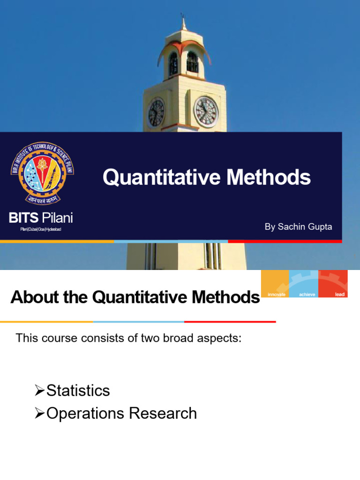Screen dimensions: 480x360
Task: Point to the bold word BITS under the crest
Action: (23, 218)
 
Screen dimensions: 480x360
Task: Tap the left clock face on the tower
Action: (156, 112)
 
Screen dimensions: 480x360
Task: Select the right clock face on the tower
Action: (206, 112)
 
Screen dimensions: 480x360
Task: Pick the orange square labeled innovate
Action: (276, 284)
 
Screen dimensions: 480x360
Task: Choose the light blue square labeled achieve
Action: (304, 284)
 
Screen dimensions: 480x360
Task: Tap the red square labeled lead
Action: (333, 284)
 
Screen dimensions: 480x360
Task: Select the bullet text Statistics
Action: (78, 390)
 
